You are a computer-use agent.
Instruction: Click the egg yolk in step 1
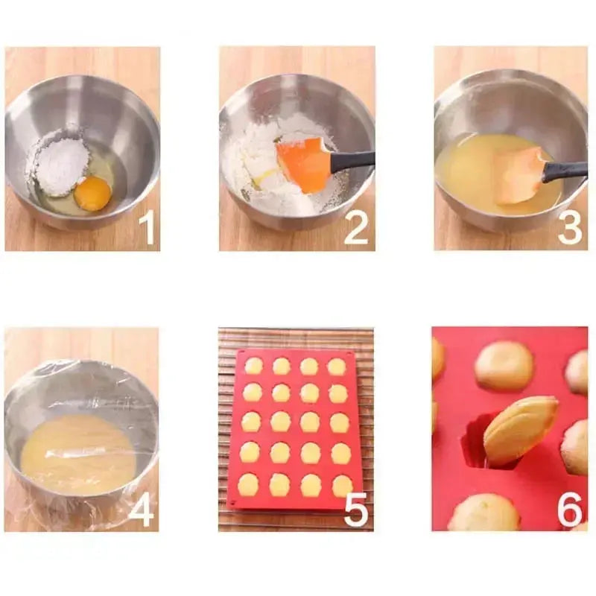pyautogui.click(x=92, y=193)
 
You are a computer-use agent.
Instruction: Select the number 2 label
pyautogui.click(x=356, y=227)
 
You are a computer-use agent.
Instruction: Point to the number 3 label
pyautogui.click(x=570, y=227)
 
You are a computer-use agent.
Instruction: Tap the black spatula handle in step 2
pyautogui.click(x=353, y=159)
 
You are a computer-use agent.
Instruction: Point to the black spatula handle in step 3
pyautogui.click(x=565, y=171)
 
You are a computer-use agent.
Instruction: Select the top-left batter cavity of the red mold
pyautogui.click(x=254, y=366)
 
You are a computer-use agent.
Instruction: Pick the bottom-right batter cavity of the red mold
pyautogui.click(x=341, y=486)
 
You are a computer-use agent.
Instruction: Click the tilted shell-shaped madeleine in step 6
pyautogui.click(x=519, y=430)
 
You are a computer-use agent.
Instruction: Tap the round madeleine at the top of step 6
pyautogui.click(x=504, y=365)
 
